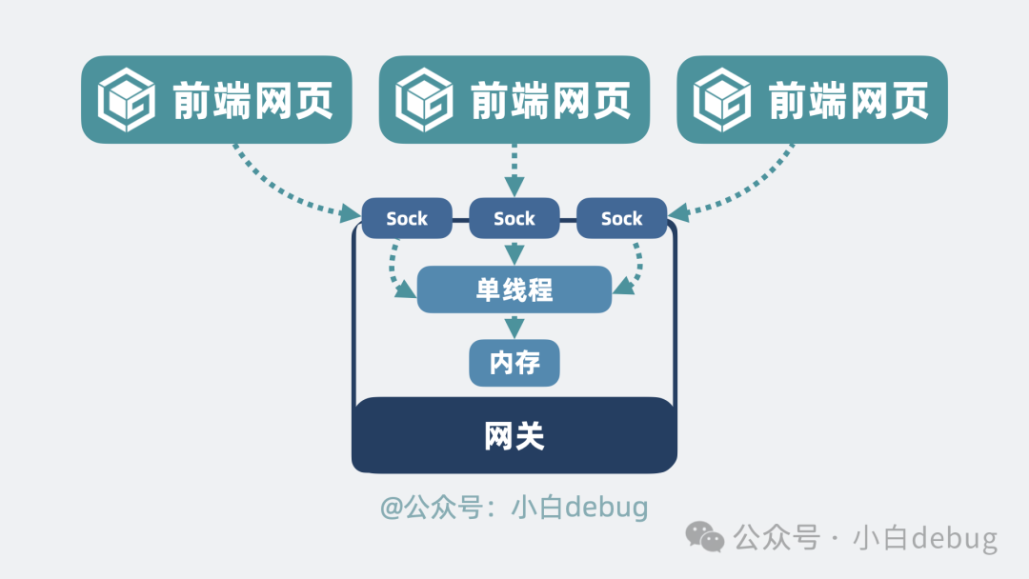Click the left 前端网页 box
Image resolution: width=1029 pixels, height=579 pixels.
pos(216,100)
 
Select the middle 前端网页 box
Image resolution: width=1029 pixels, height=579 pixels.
pos(514,100)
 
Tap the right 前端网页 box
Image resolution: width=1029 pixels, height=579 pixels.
pos(812,100)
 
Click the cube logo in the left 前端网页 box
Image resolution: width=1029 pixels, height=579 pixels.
pos(127,100)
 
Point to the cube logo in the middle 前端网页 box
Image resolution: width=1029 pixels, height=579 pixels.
pos(425,100)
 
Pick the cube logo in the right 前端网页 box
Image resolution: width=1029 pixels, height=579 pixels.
pos(722,100)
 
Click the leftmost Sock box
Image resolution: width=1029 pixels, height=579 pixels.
pos(407,219)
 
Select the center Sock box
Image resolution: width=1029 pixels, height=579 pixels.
pos(514,219)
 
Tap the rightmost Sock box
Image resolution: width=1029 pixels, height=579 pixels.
pos(621,219)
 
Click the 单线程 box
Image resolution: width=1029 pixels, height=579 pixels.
pos(514,289)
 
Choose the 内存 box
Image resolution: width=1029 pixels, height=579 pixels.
pos(514,363)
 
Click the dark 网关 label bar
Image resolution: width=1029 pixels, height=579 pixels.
pos(514,436)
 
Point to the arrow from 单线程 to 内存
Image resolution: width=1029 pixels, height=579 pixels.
pos(514,326)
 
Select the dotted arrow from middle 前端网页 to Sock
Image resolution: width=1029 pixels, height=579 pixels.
pos(514,171)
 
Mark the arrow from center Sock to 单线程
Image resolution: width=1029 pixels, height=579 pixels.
pos(514,252)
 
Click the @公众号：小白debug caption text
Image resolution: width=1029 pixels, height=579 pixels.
pos(514,507)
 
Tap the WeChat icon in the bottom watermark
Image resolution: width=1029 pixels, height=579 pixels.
pos(706,538)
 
